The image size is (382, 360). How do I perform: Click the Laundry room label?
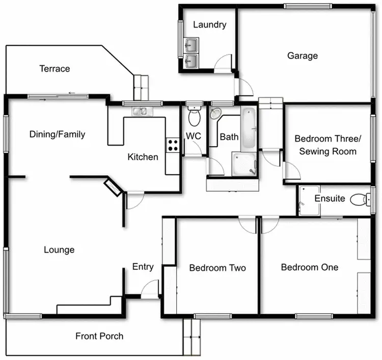209,24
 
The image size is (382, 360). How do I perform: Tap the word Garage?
302,56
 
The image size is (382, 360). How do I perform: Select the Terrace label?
54,69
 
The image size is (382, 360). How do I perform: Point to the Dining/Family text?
57,134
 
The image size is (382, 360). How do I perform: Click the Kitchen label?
143,157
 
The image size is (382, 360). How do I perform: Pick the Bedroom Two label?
217,268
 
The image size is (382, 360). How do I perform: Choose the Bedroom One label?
309,267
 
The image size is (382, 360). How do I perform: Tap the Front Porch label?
99,336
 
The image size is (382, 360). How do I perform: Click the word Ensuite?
330,199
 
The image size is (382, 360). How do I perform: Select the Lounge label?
59,250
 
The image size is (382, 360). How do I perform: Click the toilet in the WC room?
194,117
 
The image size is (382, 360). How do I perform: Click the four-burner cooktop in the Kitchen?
173,145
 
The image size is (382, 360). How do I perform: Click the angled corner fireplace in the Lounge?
113,187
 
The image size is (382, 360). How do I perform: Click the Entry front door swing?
150,290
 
